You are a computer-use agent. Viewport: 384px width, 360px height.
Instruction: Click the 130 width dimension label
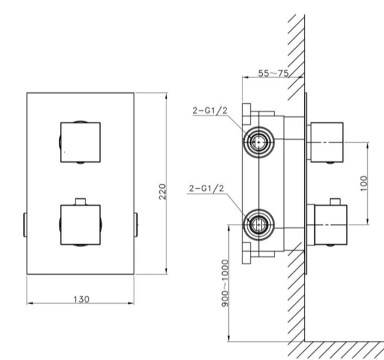coord(80,299)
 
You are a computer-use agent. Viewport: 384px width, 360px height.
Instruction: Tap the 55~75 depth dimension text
coord(273,73)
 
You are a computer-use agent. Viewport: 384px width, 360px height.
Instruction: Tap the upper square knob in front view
coord(80,142)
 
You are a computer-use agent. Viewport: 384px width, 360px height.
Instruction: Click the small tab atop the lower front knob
coord(80,201)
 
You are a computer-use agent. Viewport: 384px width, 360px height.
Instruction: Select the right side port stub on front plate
coord(135,225)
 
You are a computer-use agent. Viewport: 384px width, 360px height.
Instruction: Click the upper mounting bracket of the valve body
coord(248,112)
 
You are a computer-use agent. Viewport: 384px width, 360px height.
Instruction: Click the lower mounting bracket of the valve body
coord(248,253)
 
